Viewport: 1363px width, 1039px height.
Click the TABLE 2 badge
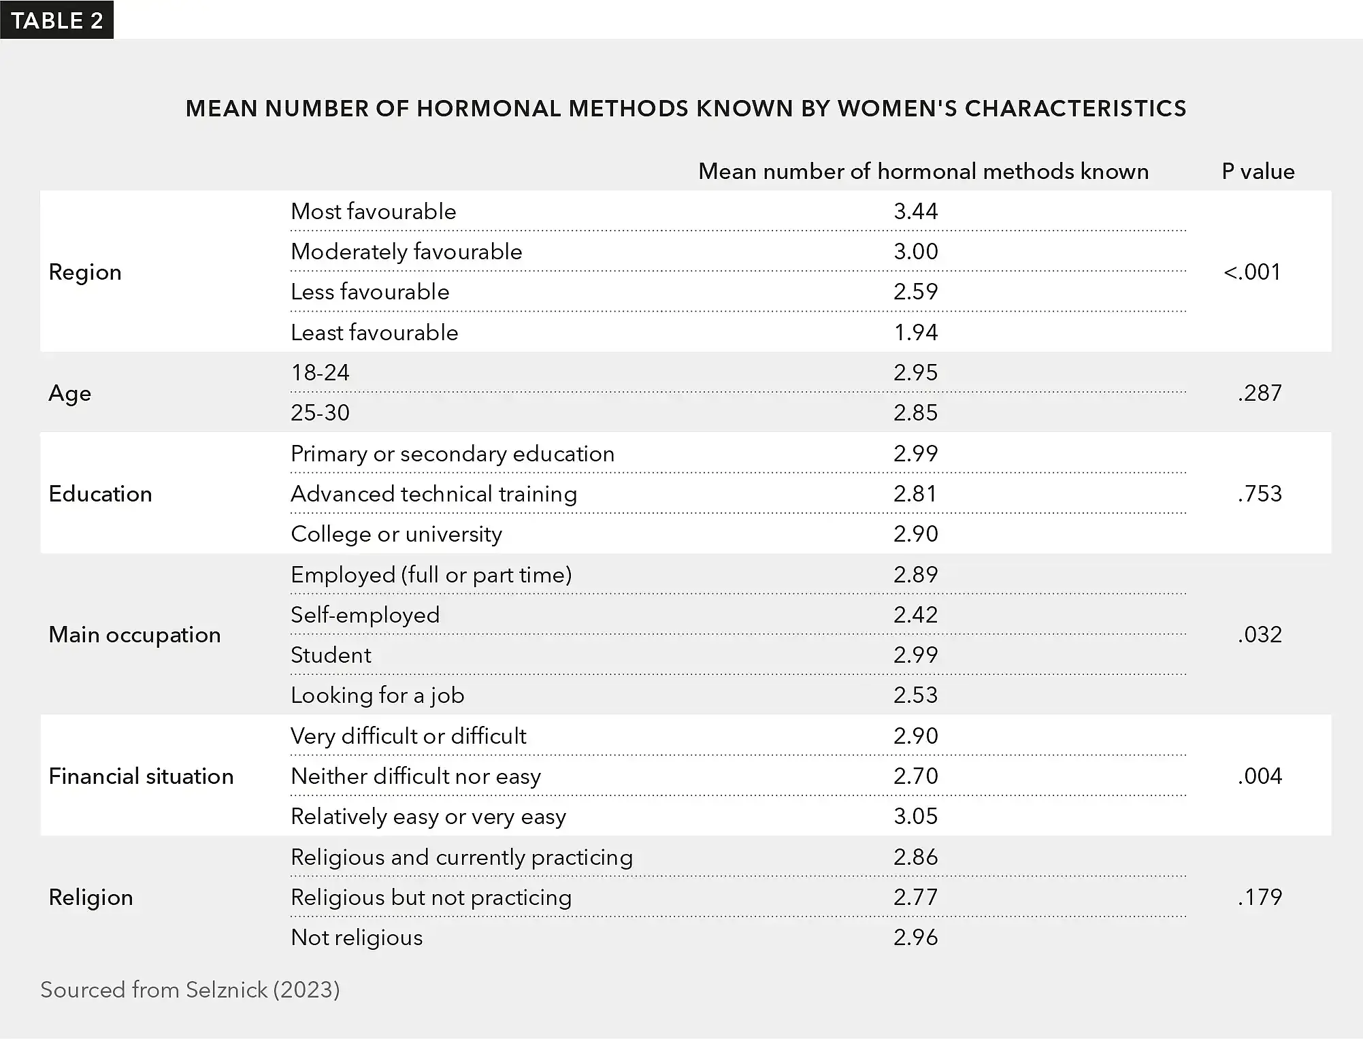pos(57,20)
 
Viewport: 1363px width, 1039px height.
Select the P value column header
pos(1258,171)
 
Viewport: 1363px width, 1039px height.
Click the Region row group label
pos(85,272)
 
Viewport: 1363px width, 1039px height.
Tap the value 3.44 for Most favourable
pos(915,212)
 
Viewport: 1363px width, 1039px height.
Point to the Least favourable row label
pos(374,333)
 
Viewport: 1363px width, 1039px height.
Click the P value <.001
pos(1251,272)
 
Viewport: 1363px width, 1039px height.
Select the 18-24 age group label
pos(320,373)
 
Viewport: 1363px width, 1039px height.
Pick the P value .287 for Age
pos(1259,393)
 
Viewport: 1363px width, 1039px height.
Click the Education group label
pos(100,494)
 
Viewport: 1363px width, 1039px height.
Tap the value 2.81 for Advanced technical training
pos(915,494)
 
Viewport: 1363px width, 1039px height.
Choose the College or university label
pos(396,534)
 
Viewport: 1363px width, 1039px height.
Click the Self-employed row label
pos(365,615)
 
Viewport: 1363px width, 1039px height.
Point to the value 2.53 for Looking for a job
pos(915,695)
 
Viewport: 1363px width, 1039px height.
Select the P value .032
pos(1259,635)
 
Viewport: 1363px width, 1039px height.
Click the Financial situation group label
pos(141,776)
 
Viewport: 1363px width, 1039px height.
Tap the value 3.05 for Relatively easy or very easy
pos(915,817)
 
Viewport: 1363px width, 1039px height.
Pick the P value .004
pos(1259,776)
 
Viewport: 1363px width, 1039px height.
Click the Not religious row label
pos(357,938)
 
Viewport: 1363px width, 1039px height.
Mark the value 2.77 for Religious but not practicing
pos(915,897)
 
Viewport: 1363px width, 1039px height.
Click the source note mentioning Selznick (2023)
pos(190,990)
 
